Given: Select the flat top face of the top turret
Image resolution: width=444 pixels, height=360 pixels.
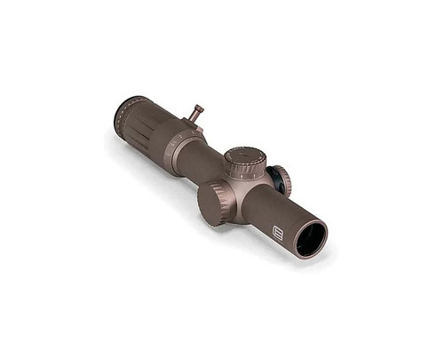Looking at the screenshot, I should pos(244,156).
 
